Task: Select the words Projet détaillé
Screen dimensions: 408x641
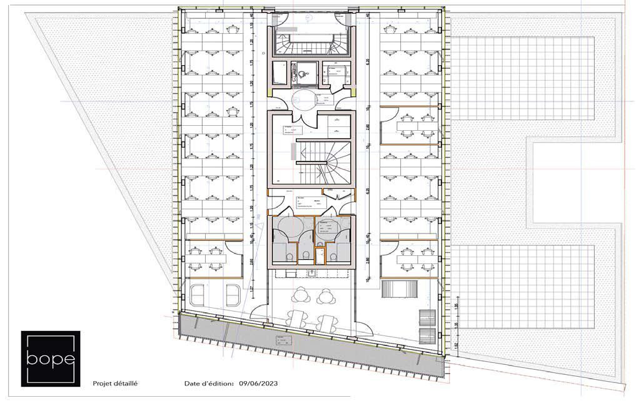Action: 115,384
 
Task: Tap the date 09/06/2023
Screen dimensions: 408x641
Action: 258,384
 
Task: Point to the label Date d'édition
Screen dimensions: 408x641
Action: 209,384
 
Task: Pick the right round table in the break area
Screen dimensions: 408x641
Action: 325,294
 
